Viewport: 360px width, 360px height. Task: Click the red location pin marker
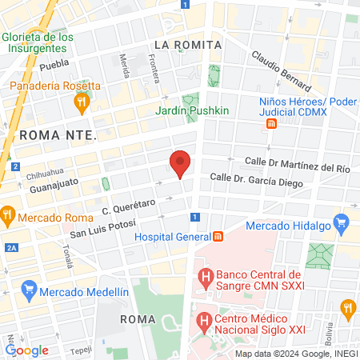coord(181,162)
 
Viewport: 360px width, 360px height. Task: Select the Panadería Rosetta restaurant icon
coord(81,102)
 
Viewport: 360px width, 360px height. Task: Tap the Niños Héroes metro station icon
coord(272,123)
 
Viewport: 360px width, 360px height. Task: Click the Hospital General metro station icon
coord(218,237)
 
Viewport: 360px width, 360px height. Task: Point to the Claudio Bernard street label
coord(280,70)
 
